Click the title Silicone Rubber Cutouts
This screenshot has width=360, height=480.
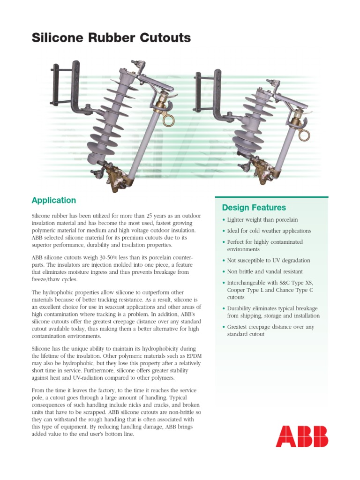(111, 38)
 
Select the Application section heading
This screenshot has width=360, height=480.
(53, 200)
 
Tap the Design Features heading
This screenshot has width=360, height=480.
(254, 207)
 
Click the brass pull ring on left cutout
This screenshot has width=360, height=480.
(169, 119)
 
